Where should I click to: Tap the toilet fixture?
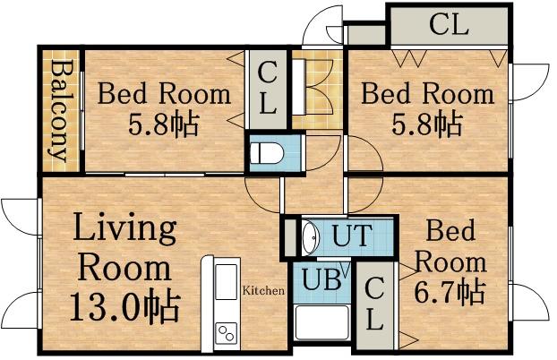(x=263, y=153)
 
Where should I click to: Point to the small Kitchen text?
(x=263, y=291)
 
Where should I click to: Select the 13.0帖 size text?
(x=124, y=307)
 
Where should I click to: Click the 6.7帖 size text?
(x=450, y=292)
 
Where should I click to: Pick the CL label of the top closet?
(x=448, y=25)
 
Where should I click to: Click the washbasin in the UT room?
(x=310, y=238)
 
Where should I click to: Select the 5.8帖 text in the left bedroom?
(x=164, y=122)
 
